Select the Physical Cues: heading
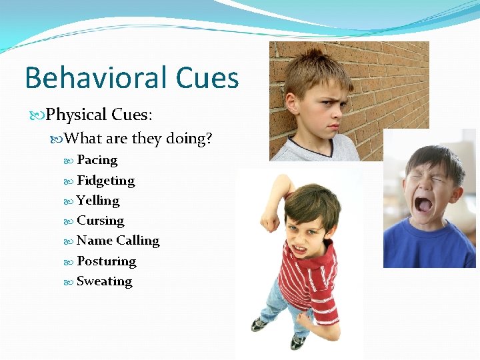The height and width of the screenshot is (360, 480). click(99, 115)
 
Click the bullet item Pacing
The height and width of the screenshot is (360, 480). click(97, 160)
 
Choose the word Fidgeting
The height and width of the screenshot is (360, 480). click(105, 181)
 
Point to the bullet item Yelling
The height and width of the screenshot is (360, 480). click(98, 201)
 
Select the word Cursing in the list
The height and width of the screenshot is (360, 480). click(100, 221)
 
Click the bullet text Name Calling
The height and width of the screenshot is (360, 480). click(118, 241)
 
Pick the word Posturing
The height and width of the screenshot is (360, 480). click(106, 261)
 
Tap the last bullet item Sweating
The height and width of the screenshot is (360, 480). click(104, 281)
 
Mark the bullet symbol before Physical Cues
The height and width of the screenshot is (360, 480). click(39, 115)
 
